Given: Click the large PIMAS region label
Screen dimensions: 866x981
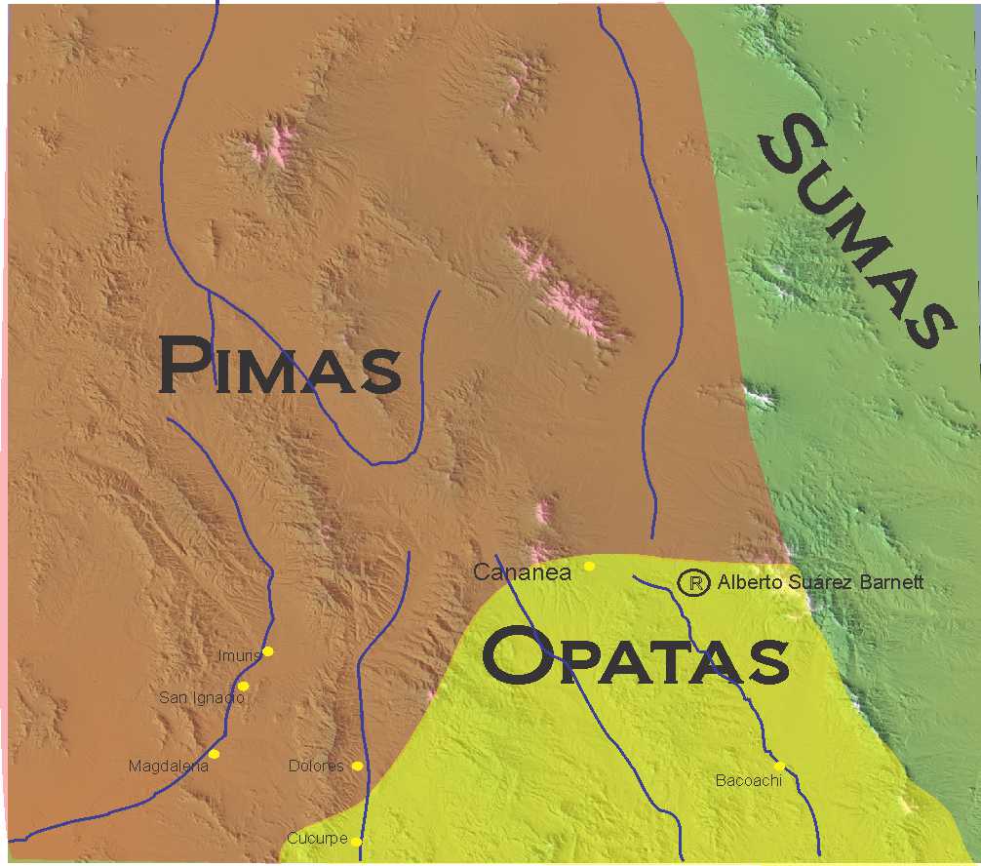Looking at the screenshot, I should pyautogui.click(x=280, y=366).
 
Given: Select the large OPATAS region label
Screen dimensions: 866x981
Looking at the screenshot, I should pyautogui.click(x=635, y=656).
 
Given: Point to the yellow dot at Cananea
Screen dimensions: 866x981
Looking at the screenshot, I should pyautogui.click(x=589, y=566).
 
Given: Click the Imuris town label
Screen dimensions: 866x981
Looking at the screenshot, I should pyautogui.click(x=240, y=655).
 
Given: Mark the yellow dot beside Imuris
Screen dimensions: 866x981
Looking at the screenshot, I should pyautogui.click(x=268, y=651).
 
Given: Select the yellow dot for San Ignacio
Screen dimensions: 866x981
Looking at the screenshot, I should pyautogui.click(x=243, y=687).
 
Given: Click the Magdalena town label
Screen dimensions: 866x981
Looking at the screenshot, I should pyautogui.click(x=169, y=767).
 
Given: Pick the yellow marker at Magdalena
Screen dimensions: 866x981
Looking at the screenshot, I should pyautogui.click(x=214, y=754).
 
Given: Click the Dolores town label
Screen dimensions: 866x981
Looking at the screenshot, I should pyautogui.click(x=316, y=767).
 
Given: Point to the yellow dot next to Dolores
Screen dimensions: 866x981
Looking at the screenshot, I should pyautogui.click(x=357, y=767).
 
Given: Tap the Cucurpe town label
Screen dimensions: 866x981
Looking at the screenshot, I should pyautogui.click(x=317, y=839).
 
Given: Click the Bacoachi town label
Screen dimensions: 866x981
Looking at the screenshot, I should pyautogui.click(x=749, y=780).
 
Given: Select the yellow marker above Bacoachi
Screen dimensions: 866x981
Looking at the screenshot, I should pyautogui.click(x=779, y=766).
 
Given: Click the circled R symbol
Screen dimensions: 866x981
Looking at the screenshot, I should pyautogui.click(x=693, y=583).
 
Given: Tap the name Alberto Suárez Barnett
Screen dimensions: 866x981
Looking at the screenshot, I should pyautogui.click(x=819, y=583).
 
